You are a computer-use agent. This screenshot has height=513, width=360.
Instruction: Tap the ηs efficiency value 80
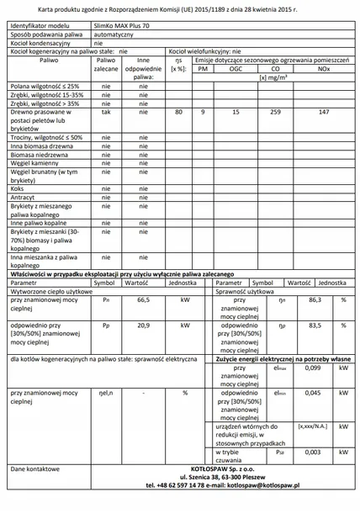pyautogui.click(x=178, y=111)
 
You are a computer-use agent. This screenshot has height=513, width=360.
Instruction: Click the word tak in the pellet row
pyautogui.click(x=105, y=111)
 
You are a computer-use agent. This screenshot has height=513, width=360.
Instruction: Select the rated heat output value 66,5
pyautogui.click(x=142, y=299)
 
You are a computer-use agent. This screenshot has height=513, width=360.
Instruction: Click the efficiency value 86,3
pyautogui.click(x=315, y=299)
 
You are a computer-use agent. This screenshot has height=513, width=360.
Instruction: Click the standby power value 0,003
pyautogui.click(x=312, y=452)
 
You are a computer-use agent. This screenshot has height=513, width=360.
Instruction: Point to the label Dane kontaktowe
pyautogui.click(x=34, y=468)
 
